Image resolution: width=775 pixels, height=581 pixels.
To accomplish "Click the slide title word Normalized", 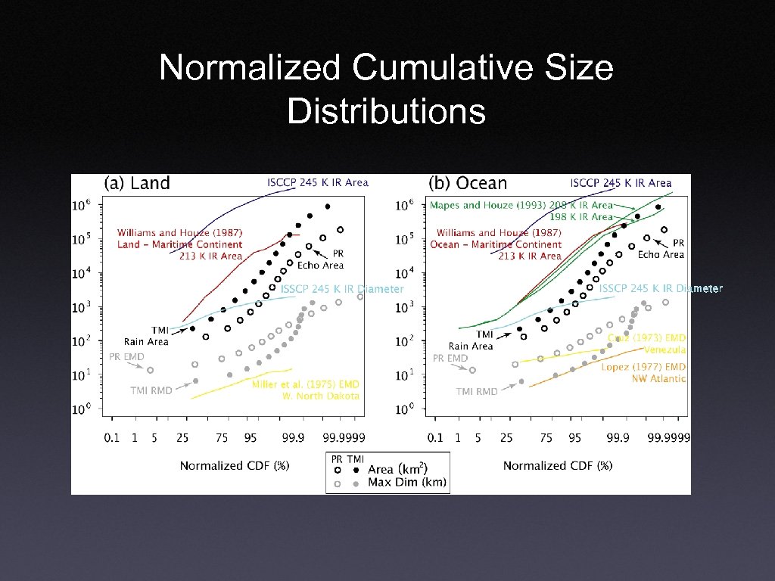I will click(250, 68).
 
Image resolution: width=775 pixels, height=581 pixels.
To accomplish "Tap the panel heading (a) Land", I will click(137, 183).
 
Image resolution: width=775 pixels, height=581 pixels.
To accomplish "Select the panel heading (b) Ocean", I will click(467, 183).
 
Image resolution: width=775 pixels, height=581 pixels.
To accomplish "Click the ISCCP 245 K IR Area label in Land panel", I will click(317, 182).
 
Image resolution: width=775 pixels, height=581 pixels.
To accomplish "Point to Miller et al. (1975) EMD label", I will click(305, 384).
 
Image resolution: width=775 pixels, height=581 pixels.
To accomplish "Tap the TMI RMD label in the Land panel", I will click(151, 390).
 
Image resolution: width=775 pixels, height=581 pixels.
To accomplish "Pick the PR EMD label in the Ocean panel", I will click(450, 358).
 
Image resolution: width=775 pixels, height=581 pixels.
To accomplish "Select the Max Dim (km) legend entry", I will click(407, 482).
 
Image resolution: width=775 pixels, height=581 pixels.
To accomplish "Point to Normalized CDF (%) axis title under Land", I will click(235, 465).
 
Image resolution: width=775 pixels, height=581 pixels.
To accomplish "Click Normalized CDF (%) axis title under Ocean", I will click(558, 465).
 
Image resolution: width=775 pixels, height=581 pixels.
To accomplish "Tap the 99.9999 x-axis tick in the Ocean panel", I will click(664, 437).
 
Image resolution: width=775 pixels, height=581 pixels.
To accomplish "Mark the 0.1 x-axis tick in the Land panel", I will click(112, 437).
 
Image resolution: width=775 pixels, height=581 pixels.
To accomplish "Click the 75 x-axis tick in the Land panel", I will click(222, 437).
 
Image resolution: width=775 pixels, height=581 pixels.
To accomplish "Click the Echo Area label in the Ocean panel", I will click(661, 254).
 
